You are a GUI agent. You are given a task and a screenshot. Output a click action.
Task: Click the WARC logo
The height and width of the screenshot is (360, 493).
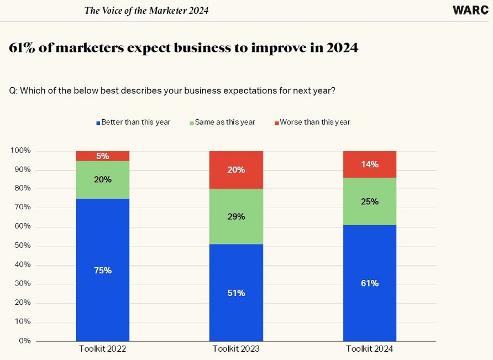point(469,10)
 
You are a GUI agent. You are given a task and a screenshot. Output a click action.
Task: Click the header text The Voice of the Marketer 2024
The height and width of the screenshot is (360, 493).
point(146,10)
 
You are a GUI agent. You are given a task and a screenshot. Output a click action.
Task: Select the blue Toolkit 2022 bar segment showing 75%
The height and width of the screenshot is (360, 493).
point(103,269)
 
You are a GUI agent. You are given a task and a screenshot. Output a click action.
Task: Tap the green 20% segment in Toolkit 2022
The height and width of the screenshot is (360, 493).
point(103,179)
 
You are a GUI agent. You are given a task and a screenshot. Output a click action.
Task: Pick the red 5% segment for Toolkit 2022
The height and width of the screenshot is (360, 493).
point(103,156)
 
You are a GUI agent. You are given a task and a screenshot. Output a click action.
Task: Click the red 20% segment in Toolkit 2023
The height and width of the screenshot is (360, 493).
point(236,170)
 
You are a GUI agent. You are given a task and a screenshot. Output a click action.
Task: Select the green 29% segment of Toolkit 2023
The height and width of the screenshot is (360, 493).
point(236,216)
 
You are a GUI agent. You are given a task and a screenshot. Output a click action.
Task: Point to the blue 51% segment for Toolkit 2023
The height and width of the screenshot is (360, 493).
point(236,293)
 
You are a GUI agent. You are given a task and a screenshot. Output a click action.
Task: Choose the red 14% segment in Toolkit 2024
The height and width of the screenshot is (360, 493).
point(370,165)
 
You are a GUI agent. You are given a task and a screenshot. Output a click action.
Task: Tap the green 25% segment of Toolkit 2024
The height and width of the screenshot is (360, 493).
point(370,202)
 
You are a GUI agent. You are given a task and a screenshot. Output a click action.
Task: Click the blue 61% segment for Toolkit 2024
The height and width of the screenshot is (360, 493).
point(370,283)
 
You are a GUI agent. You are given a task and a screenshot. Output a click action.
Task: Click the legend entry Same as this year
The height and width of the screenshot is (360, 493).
point(222,122)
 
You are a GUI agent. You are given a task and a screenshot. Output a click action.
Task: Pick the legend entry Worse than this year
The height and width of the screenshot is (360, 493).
point(312,122)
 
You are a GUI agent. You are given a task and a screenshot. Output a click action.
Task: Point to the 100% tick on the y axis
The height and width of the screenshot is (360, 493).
point(20,151)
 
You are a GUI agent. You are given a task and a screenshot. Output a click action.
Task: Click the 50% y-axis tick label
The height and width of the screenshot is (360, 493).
point(22,246)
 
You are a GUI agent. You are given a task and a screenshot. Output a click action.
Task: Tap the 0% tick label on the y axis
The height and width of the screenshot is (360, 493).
point(25,341)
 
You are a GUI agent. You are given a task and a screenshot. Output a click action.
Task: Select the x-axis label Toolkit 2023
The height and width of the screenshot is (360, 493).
point(236,349)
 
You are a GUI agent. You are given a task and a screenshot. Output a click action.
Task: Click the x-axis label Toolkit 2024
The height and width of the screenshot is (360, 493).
point(370,349)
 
